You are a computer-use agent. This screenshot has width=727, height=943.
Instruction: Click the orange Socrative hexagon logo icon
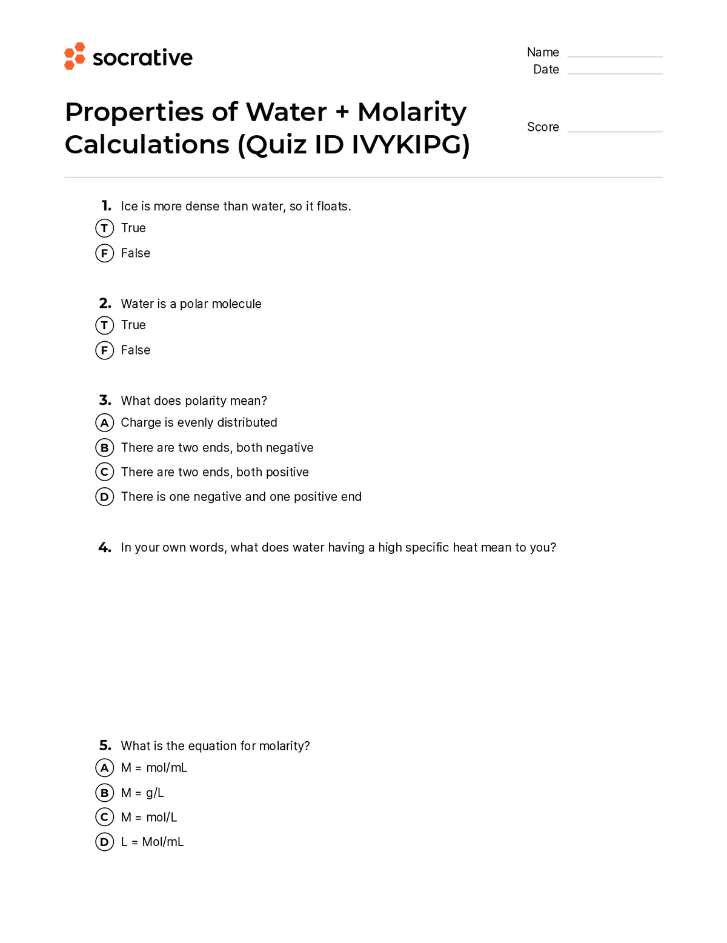point(75,56)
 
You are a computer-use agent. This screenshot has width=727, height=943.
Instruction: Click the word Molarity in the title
point(412,112)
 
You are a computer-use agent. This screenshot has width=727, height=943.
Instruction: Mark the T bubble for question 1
point(105,228)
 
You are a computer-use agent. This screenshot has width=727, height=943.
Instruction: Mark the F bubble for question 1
point(105,253)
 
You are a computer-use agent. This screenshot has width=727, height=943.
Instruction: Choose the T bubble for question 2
point(105,325)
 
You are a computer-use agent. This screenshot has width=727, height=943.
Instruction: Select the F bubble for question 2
point(105,350)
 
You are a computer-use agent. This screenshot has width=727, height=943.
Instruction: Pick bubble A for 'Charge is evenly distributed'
point(105,423)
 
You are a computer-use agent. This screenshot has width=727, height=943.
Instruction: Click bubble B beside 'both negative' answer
point(105,448)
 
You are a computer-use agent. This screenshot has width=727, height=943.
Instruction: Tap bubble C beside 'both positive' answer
point(105,472)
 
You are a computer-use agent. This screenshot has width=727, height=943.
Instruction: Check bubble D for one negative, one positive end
point(105,497)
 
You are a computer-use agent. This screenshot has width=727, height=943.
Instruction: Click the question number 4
point(105,548)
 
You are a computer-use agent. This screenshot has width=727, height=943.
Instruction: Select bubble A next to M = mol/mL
point(105,768)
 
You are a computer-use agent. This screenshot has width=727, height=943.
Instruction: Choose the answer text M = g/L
point(142,793)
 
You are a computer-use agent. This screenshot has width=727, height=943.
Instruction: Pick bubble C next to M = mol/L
point(105,818)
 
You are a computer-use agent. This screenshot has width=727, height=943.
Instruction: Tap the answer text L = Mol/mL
point(152,842)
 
